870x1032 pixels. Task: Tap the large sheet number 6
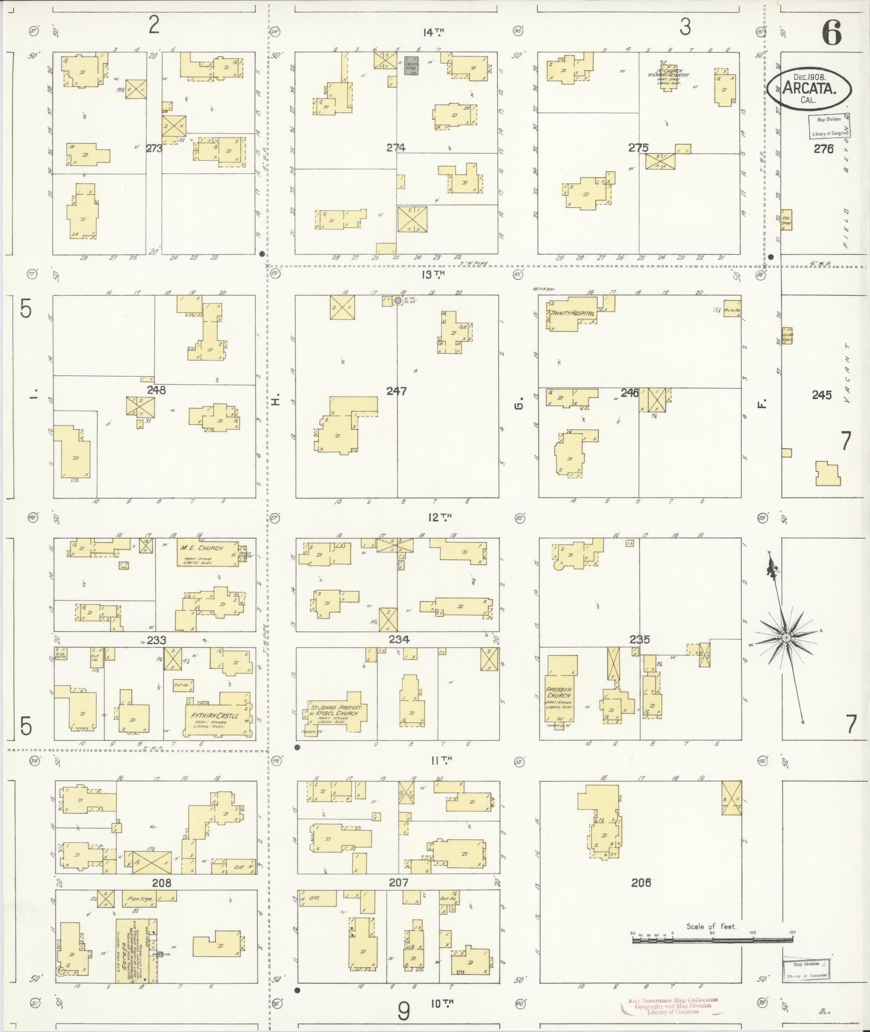pos(831,33)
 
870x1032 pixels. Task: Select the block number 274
pos(396,147)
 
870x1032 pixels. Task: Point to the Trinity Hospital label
pos(572,313)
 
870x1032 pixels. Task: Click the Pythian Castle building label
pos(215,715)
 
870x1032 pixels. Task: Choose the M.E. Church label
pos(201,548)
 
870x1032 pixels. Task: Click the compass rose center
pos(786,638)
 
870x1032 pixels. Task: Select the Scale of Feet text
pos(711,926)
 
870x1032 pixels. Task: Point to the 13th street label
pos(433,274)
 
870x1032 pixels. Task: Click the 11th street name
pos(441,760)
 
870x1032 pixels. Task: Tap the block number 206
pos(641,883)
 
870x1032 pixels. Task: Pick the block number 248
pos(156,390)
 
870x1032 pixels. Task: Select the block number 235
pos(639,639)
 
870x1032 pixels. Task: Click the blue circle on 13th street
pos(398,300)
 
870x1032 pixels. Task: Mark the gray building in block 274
pos(412,64)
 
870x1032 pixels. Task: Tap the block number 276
pos(824,149)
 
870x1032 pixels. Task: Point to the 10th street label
pos(442,1003)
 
